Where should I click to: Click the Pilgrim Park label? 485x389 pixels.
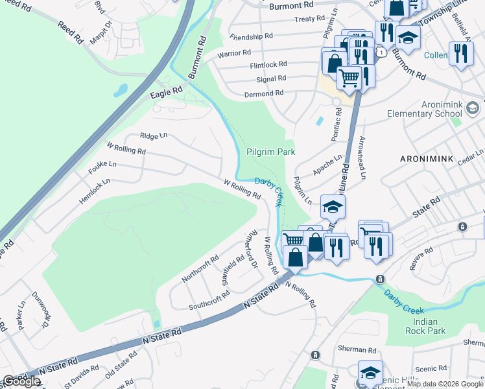tap(270, 152)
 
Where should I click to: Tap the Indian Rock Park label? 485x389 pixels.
tap(428, 326)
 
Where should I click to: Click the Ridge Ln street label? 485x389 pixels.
tap(154, 136)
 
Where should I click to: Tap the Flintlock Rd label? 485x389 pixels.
tap(268, 65)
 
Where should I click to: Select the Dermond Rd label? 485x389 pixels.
tap(264, 93)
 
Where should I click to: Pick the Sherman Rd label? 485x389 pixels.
tap(356, 349)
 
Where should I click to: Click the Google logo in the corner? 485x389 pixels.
tap(21, 381)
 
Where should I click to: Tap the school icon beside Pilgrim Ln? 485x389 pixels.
tap(333, 207)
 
